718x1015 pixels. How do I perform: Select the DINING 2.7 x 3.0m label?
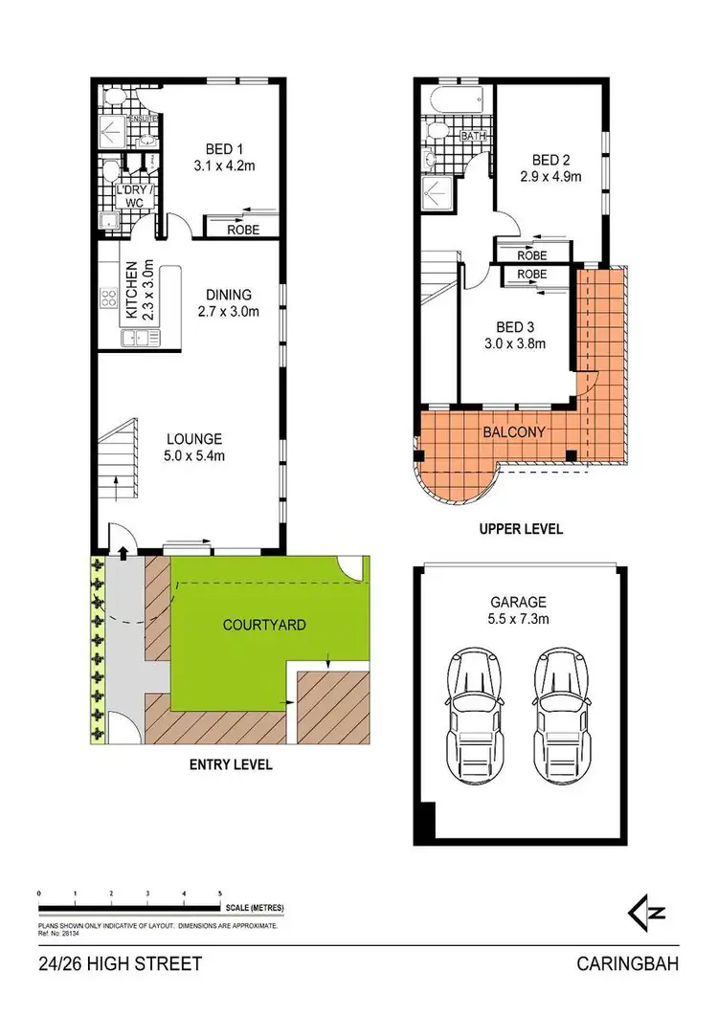(228, 302)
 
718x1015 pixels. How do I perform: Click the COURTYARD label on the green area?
(263, 625)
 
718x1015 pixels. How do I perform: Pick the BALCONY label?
(513, 432)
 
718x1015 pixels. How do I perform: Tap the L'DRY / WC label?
(129, 196)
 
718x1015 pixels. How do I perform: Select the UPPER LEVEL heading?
(522, 528)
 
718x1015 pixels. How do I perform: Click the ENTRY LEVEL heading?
(231, 764)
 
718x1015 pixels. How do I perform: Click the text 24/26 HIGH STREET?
(121, 963)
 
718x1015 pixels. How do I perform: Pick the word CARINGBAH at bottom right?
(627, 963)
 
